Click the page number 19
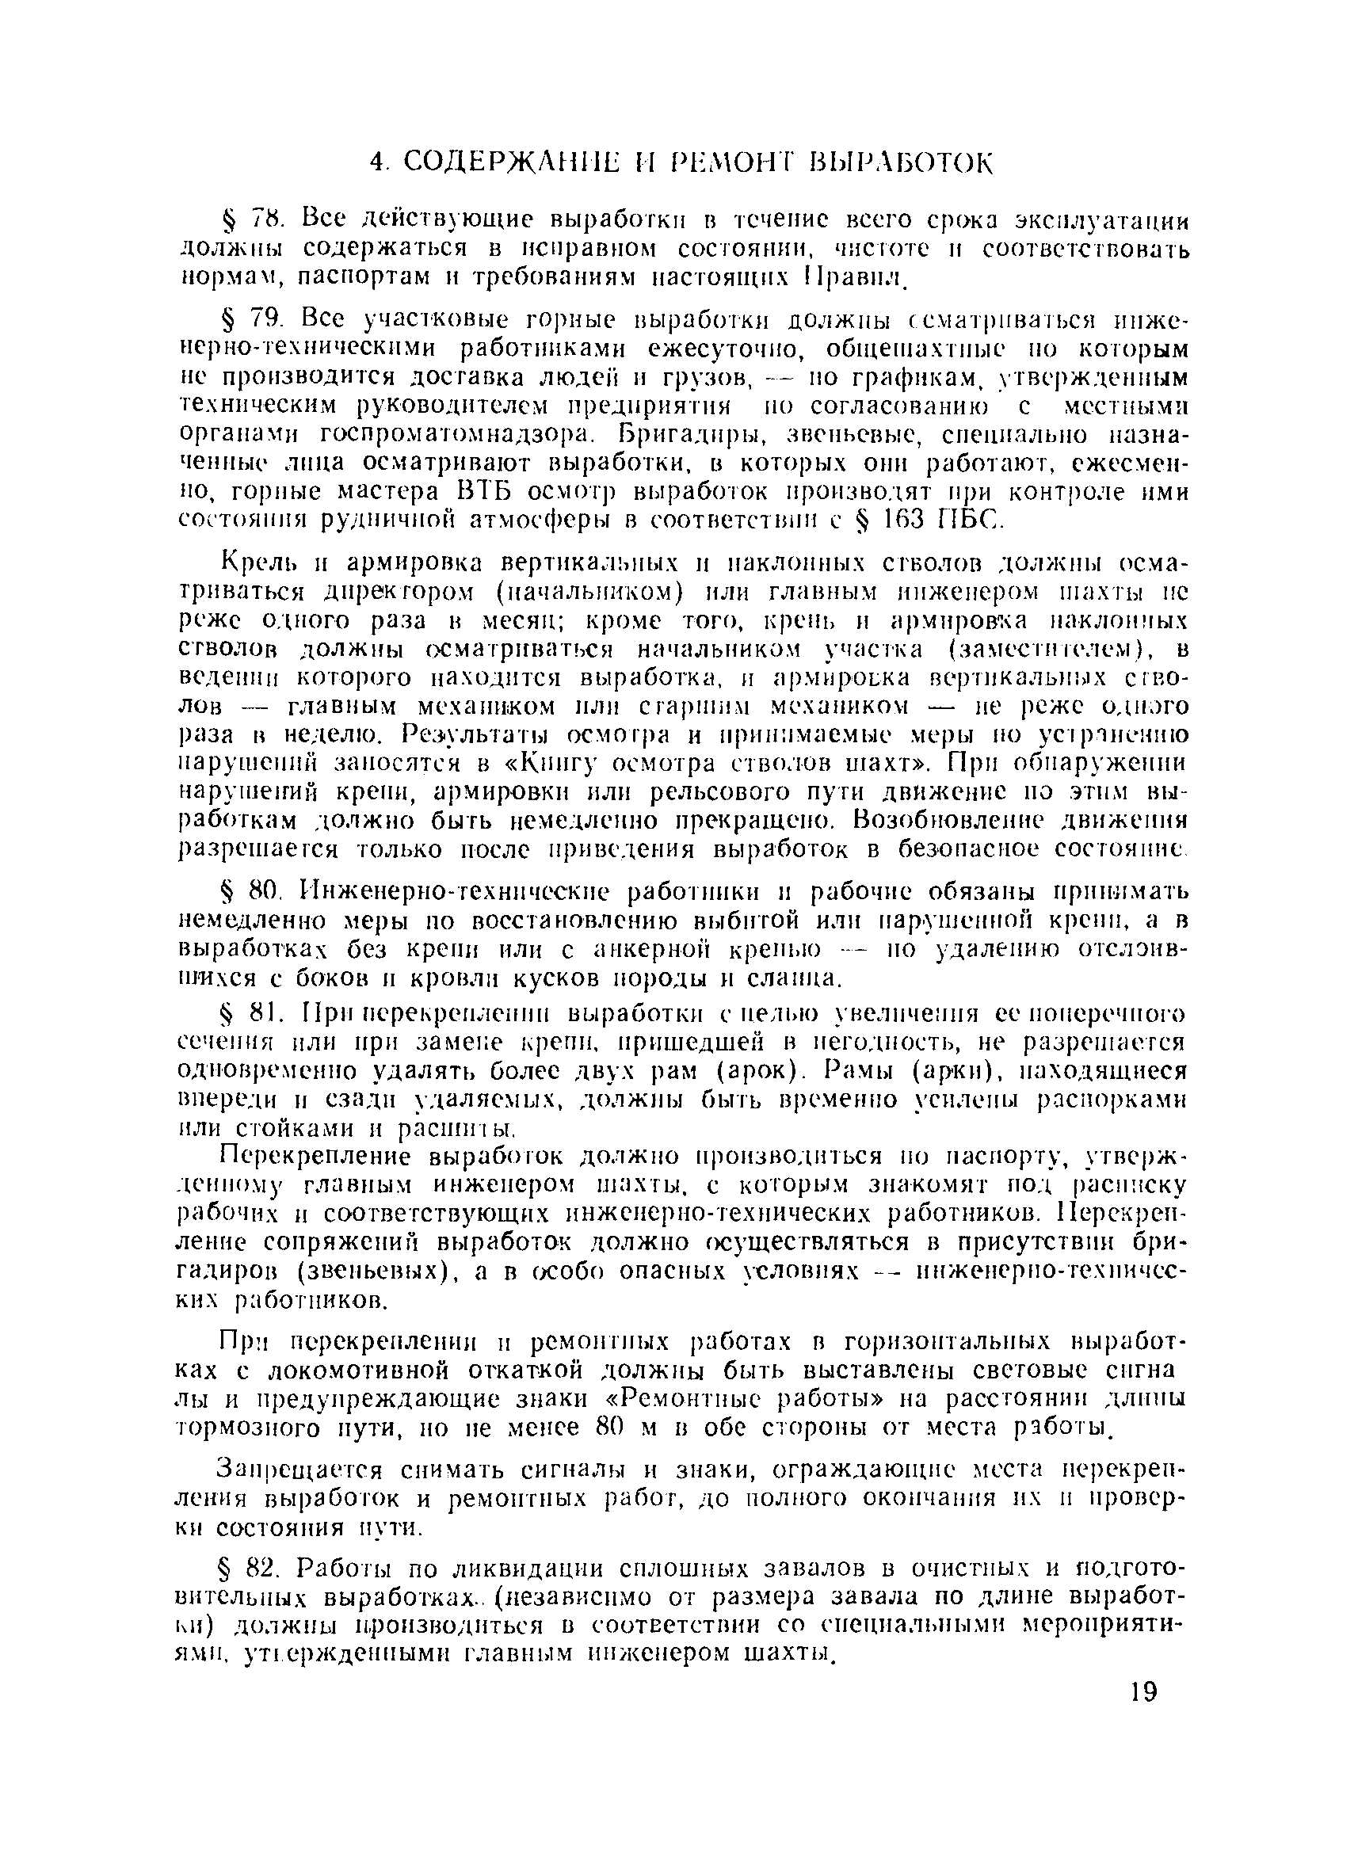point(1142,1691)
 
